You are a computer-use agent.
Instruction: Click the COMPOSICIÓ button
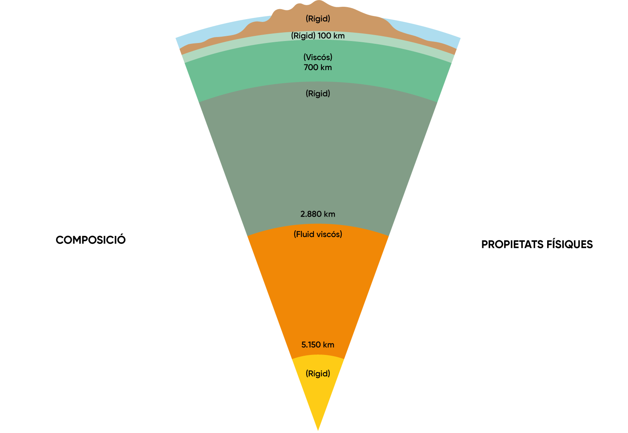pyautogui.click(x=90, y=239)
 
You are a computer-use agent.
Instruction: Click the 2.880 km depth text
pyautogui.click(x=318, y=214)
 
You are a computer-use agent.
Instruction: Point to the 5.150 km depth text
pyautogui.click(x=318, y=345)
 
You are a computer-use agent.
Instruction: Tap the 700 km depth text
pyautogui.click(x=318, y=67)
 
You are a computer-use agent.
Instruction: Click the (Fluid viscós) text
pyautogui.click(x=318, y=234)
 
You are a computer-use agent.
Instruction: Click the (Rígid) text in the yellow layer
pyautogui.click(x=318, y=374)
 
